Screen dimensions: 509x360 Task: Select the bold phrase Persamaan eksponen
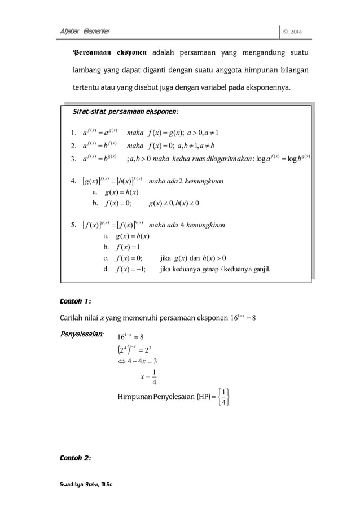pos(107,54)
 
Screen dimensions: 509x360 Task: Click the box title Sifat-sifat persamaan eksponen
pos(122,112)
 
